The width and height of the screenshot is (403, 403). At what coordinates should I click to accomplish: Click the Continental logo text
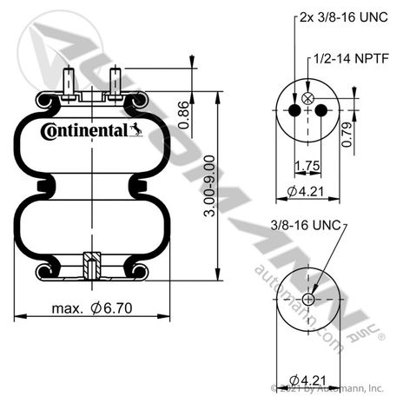[84, 131]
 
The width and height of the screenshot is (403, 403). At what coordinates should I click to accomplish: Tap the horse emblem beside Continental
[135, 130]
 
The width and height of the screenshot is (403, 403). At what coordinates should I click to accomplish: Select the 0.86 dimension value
[184, 115]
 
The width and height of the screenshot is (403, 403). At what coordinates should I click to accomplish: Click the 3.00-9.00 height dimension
[209, 186]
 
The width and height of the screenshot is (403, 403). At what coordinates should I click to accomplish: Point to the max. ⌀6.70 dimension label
[92, 308]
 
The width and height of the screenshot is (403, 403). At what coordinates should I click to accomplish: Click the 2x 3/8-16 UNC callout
[344, 17]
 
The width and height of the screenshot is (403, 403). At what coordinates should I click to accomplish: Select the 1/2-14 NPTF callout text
[351, 59]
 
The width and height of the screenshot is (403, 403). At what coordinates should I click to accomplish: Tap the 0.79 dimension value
[347, 135]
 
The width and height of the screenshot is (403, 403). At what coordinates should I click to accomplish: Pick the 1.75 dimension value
[307, 166]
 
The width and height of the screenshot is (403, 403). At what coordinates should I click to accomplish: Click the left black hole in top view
[294, 110]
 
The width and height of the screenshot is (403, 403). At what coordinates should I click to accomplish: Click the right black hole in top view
[321, 110]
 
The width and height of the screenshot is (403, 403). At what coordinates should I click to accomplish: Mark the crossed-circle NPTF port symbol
[307, 98]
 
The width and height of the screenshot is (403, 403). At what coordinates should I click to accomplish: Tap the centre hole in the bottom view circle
[308, 300]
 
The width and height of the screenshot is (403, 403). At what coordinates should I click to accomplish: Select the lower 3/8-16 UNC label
[306, 225]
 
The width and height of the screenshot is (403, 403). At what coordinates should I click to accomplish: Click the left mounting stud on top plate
[69, 83]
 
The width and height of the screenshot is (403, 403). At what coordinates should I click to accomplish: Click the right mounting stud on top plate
[115, 83]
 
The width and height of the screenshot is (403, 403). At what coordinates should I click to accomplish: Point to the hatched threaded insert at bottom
[92, 266]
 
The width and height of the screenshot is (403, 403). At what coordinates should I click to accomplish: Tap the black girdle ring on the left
[43, 186]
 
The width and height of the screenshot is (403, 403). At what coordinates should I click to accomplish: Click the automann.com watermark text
[298, 308]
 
